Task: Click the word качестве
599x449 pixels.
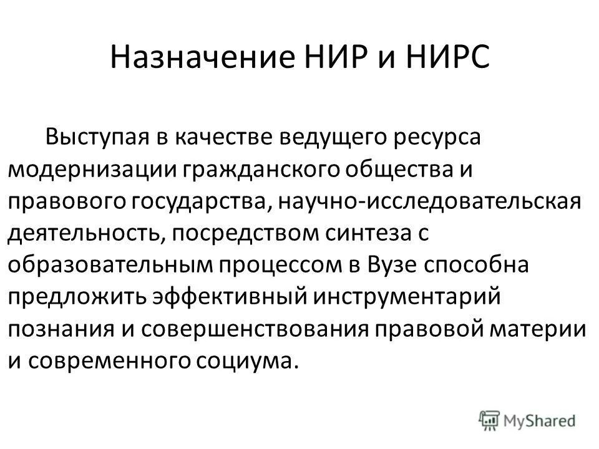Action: click(226, 136)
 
